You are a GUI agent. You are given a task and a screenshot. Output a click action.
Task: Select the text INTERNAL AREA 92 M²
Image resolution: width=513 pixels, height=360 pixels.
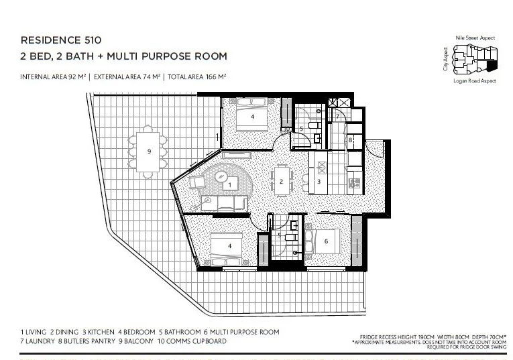pyautogui.click(x=54, y=77)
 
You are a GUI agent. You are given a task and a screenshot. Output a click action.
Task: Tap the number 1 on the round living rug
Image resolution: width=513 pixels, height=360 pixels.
pyautogui.click(x=230, y=184)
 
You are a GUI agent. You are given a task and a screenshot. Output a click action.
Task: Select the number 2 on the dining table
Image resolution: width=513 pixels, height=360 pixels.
pyautogui.click(x=281, y=182)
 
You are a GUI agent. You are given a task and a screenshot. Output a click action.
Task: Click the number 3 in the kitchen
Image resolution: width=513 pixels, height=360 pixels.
pyautogui.click(x=319, y=182)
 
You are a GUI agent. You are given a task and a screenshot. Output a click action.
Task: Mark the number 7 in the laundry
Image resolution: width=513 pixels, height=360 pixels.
pyautogui.click(x=338, y=117)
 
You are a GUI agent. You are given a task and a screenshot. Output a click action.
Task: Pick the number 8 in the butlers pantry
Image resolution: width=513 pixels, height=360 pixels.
pyautogui.click(x=350, y=140)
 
